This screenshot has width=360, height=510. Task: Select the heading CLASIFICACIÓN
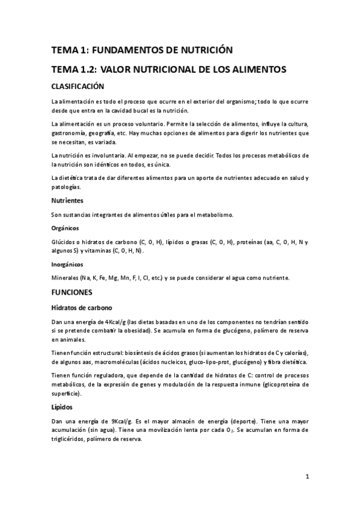click(x=78, y=87)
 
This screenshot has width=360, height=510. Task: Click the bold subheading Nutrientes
click(x=67, y=200)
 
